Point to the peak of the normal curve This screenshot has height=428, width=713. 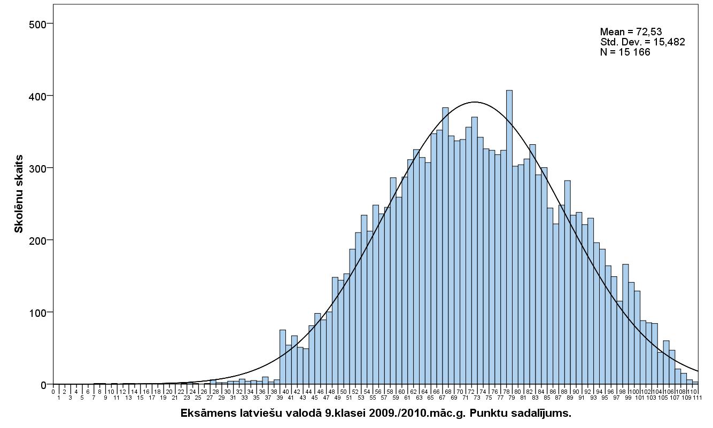click(474, 102)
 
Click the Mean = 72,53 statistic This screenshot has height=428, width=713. click(631, 32)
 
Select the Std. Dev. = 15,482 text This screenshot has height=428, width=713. click(642, 42)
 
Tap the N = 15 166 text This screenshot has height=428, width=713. click(625, 52)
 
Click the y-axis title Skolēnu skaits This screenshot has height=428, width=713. click(19, 194)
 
